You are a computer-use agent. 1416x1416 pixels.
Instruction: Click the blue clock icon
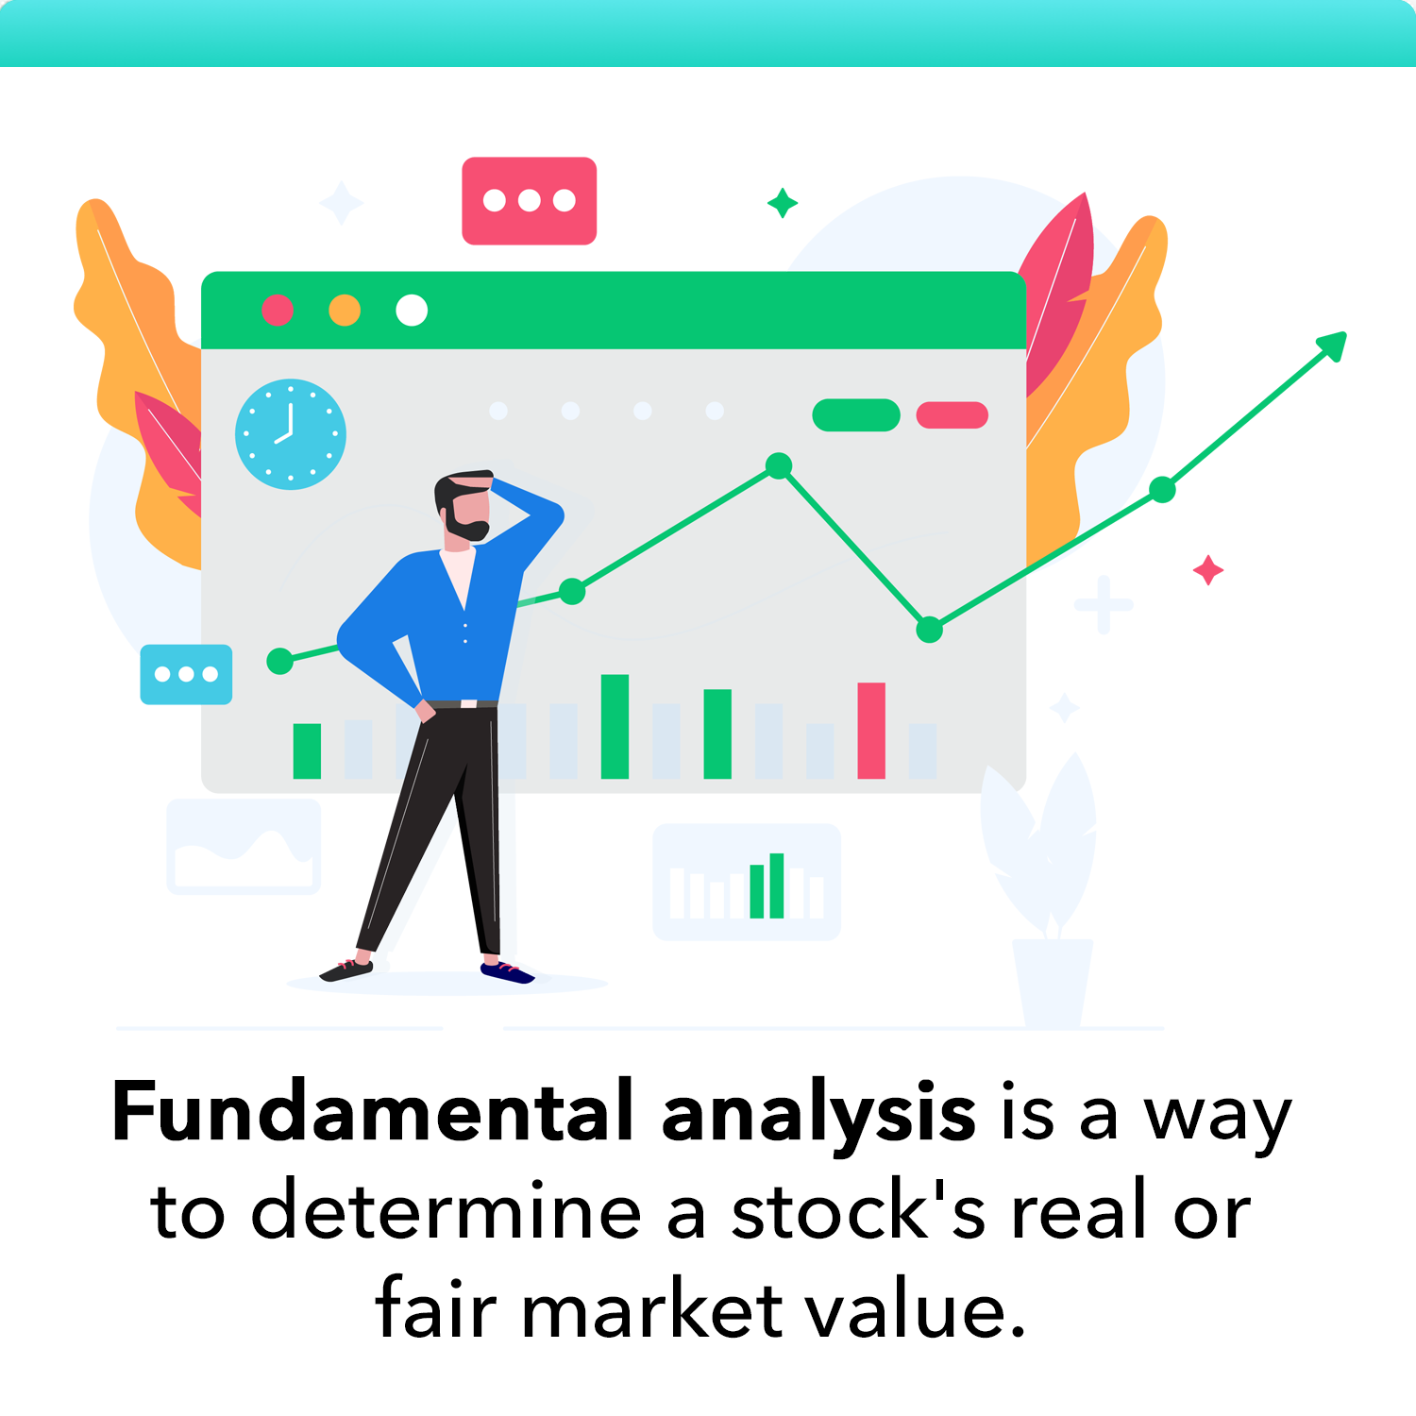pos(291,434)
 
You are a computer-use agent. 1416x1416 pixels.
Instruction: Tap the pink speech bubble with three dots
pos(529,200)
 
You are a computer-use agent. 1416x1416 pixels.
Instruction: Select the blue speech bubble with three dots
pos(186,674)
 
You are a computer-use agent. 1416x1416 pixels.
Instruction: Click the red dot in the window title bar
pos(278,310)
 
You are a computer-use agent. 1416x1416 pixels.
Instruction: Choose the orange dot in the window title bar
pos(345,310)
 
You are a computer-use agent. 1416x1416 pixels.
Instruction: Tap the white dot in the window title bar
pos(412,310)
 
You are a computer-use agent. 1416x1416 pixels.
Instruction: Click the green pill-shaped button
pos(856,414)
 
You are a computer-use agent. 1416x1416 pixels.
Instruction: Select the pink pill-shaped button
pos(952,414)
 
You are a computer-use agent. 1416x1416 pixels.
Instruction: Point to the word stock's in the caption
pos(858,1212)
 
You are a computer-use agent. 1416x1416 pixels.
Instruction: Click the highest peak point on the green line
pos(779,465)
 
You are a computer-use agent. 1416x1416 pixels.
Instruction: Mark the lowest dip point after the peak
pos(930,629)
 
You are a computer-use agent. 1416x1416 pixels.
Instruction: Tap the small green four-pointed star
pos(782,203)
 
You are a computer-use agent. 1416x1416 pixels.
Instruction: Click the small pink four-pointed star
pos(1208,570)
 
